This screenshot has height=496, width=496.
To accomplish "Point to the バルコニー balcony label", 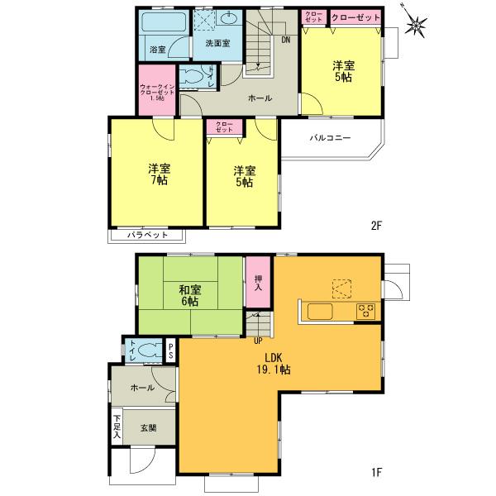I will pyautogui.click(x=330, y=139).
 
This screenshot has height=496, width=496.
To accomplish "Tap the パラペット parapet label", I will pyautogui.click(x=148, y=235).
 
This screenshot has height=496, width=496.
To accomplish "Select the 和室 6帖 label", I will pyautogui.click(x=190, y=296).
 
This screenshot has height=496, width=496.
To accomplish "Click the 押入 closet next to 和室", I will pyautogui.click(x=258, y=283).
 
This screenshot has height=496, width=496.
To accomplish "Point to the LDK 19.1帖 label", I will pyautogui.click(x=274, y=364).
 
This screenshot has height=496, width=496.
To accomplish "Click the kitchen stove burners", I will pyautogui.click(x=365, y=311).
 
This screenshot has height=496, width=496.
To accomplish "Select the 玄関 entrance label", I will pyautogui.click(x=148, y=427).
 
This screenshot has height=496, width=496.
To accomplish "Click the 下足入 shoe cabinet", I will pyautogui.click(x=117, y=426).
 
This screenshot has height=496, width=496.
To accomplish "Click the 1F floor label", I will pyautogui.click(x=376, y=472).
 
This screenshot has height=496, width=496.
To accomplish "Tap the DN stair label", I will pyautogui.click(x=285, y=40).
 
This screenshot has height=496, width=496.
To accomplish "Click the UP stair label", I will pyautogui.click(x=258, y=340).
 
